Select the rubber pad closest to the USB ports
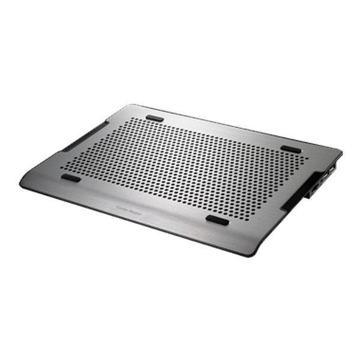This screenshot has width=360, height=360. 292,148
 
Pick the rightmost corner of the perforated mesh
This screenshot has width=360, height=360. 310,157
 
